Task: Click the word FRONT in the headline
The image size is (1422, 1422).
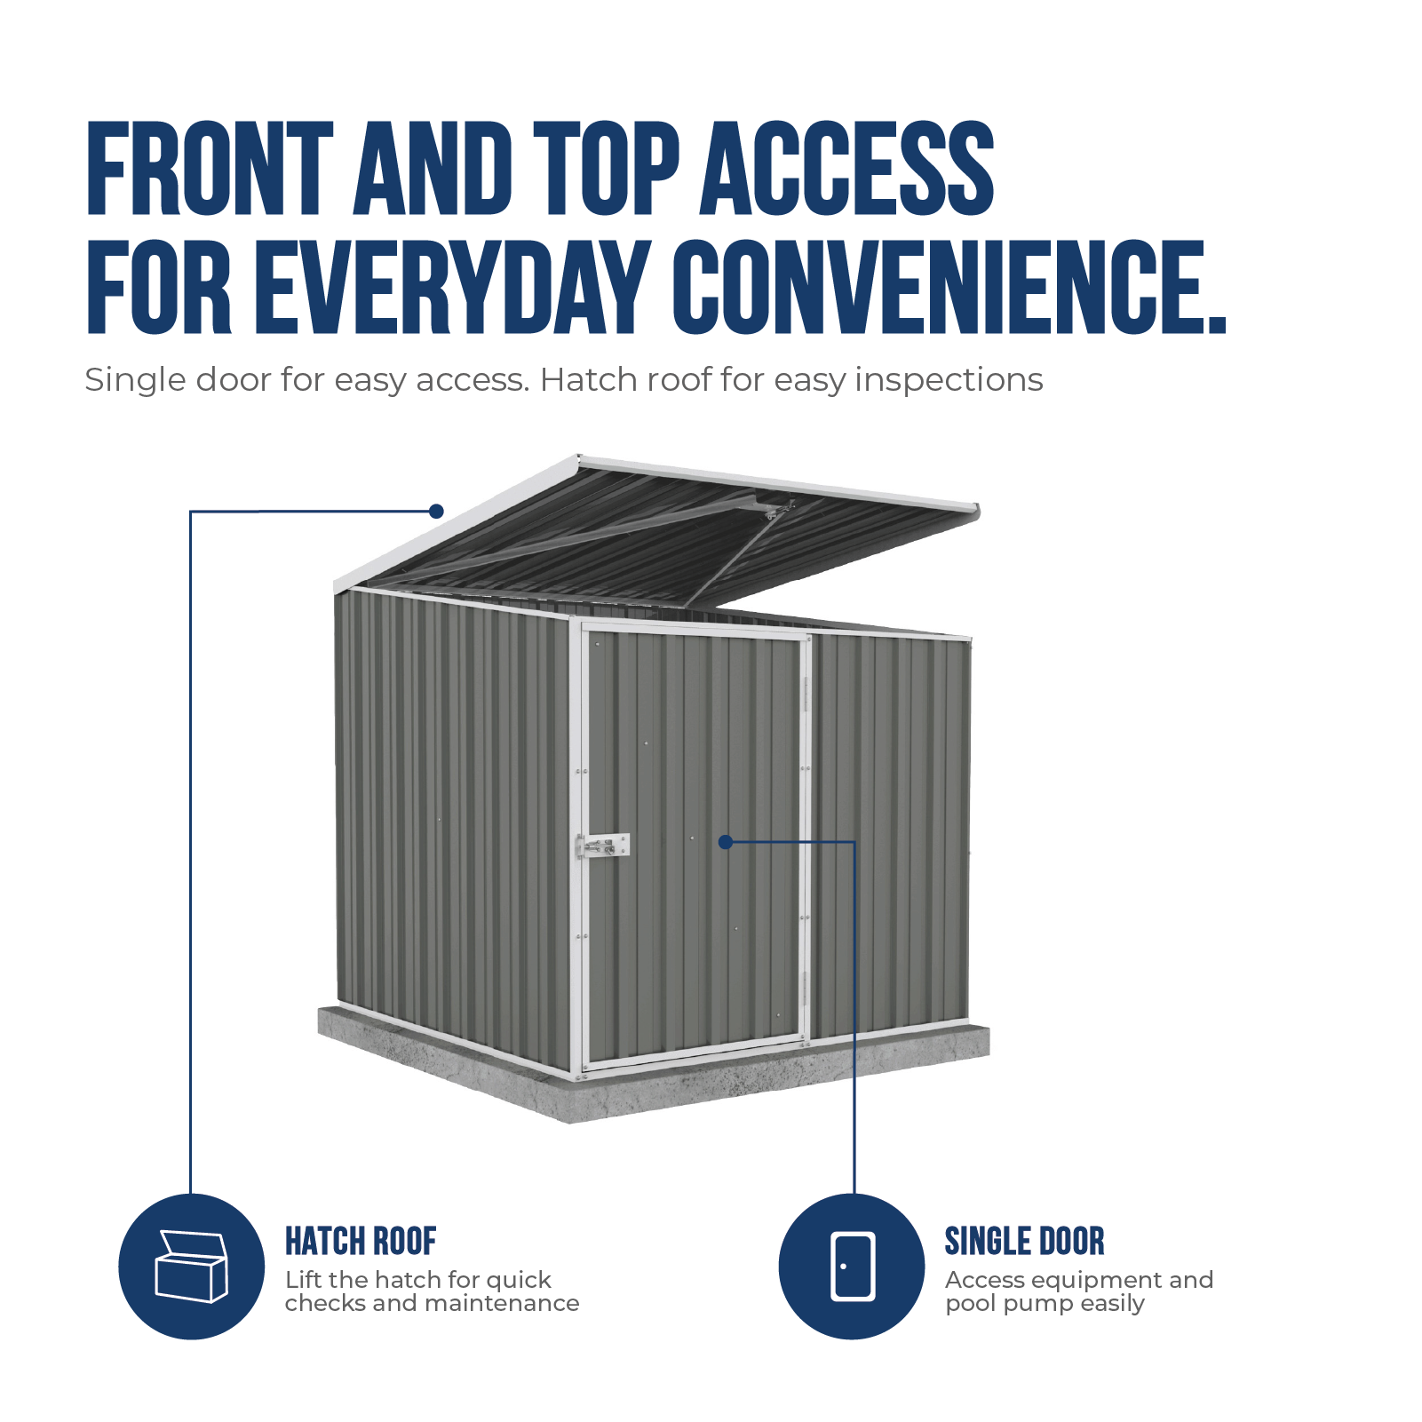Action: click(x=211, y=169)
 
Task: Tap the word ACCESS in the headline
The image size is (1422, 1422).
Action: click(x=848, y=169)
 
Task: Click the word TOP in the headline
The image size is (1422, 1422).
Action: click(x=606, y=169)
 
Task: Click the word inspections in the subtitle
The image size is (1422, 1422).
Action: click(x=949, y=380)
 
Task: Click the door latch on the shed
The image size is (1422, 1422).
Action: click(x=604, y=846)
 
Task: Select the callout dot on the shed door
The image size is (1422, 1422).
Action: click(x=726, y=842)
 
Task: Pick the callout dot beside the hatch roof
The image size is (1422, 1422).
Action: click(x=436, y=512)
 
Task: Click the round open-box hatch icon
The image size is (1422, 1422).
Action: click(x=192, y=1267)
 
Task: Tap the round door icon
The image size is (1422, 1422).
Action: click(x=852, y=1267)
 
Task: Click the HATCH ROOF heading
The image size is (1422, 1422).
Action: click(x=361, y=1242)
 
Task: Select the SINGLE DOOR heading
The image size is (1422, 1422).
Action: click(x=1024, y=1242)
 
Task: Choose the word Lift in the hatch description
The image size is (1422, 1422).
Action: click(x=304, y=1280)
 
